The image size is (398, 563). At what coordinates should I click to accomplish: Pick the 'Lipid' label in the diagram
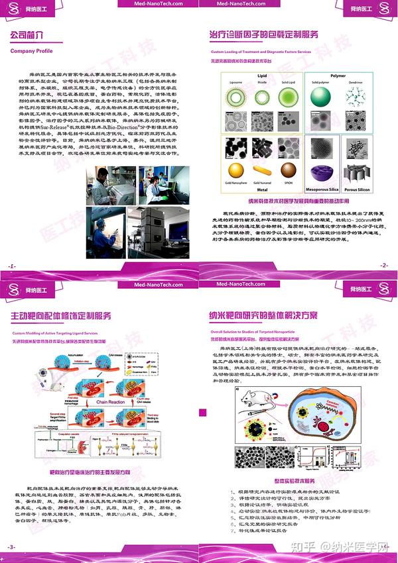pyautogui.click(x=262, y=76)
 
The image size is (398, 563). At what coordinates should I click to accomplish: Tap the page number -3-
pyautogui.click(x=11, y=547)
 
